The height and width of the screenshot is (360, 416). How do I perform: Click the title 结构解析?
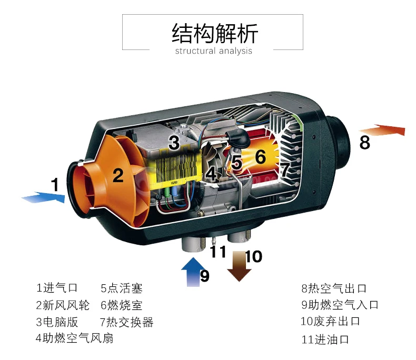click(215, 34)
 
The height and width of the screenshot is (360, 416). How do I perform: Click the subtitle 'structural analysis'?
click(213, 51)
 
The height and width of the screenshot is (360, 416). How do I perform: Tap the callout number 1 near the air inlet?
click(55, 185)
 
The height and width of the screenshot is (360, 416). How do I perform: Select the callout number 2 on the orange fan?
click(118, 175)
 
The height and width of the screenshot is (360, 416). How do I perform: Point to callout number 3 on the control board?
click(174, 142)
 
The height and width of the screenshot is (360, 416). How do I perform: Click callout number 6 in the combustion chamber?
click(260, 156)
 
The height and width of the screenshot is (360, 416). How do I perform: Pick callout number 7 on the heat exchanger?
click(284, 169)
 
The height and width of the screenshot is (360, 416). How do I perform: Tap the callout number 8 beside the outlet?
click(364, 142)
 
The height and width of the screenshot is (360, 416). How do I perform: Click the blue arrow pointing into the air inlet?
click(44, 197)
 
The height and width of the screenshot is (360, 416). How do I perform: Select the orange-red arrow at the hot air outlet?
click(382, 130)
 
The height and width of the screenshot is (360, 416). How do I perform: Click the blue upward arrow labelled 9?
click(190, 271)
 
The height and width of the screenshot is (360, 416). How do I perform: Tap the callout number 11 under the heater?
click(218, 252)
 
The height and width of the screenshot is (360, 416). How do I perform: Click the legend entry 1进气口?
click(57, 288)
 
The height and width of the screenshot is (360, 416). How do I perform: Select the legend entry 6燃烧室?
click(121, 305)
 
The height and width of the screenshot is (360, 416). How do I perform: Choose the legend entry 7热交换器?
click(126, 322)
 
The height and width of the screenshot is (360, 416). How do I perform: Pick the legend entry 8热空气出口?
click(334, 288)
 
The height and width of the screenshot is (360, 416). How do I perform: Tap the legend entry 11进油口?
click(325, 339)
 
